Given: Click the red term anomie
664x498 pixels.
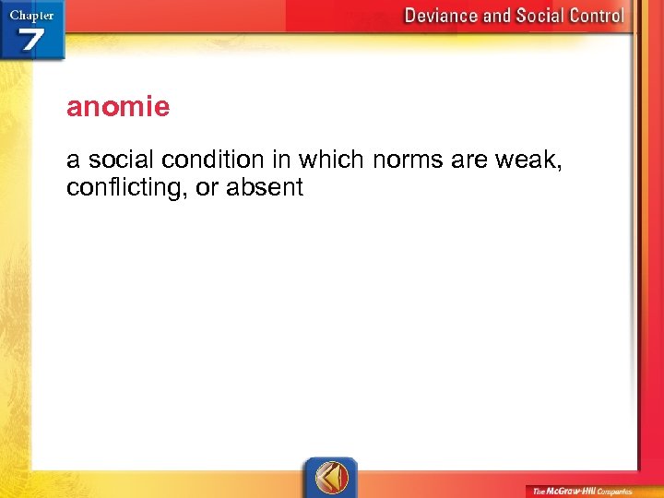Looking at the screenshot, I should (x=118, y=108).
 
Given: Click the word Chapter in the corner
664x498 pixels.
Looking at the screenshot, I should (x=30, y=14).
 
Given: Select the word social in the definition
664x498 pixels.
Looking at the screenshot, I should (x=114, y=160).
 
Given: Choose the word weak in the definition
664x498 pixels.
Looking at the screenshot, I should (x=528, y=160).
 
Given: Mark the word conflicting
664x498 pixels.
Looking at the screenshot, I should (x=120, y=187).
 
